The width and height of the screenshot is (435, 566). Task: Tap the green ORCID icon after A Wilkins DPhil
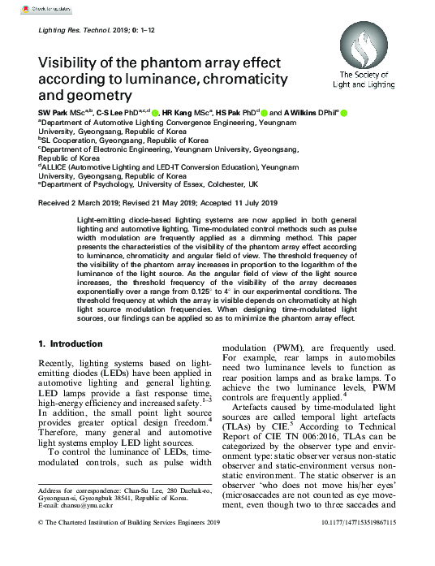[x=343, y=112]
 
